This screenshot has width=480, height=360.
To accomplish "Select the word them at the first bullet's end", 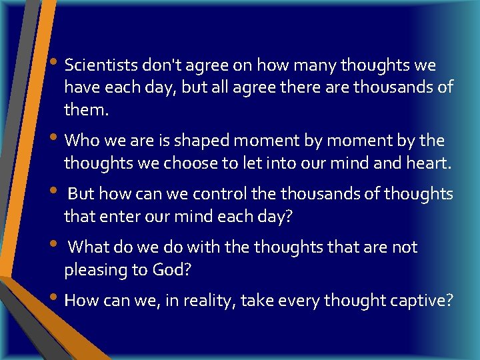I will (85, 109).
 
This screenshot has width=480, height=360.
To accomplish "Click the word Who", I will (81, 141).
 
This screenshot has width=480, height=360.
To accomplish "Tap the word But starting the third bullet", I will (81, 194).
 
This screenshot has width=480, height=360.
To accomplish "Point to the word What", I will (88, 247).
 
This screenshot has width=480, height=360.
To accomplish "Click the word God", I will (175, 269).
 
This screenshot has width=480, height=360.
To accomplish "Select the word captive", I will (420, 301).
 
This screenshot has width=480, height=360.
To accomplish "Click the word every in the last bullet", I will (295, 301).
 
